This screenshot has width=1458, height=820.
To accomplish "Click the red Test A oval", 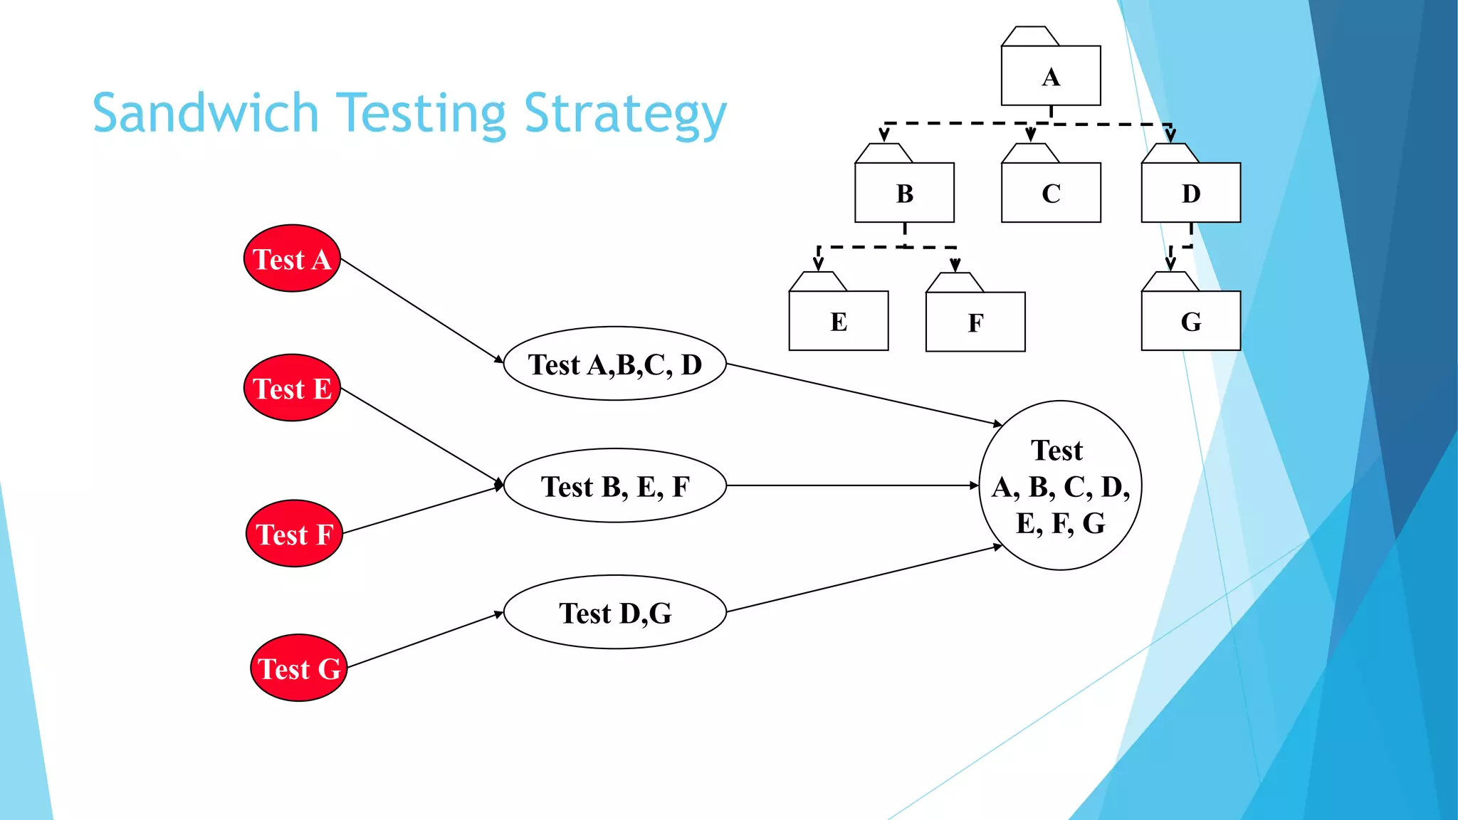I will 292,258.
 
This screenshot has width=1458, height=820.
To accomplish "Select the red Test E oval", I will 292,388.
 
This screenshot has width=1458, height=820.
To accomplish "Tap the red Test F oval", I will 294,533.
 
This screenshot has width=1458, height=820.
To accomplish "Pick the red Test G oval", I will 299,668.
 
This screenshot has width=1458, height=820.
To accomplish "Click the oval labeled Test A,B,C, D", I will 615,364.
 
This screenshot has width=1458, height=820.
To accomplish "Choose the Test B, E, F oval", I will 615,485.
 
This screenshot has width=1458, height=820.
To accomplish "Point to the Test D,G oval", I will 615,612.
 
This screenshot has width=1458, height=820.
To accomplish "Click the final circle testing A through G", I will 1060,485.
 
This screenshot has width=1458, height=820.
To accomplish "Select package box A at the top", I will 1051,75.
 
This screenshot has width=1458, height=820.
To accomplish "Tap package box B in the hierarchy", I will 904,192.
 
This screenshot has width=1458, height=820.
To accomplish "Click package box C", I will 1051,192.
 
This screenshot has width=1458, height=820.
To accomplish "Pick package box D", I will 1190,192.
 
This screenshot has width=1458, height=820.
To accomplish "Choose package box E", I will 839,321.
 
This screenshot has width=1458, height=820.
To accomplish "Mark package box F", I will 975,322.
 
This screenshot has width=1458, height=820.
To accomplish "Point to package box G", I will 1190,321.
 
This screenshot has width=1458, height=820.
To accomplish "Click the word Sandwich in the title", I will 206,113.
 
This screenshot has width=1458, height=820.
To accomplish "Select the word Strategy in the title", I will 625,115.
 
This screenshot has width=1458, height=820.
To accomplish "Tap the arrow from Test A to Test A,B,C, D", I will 422,311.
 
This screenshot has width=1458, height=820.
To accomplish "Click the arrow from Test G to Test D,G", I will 425,639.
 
